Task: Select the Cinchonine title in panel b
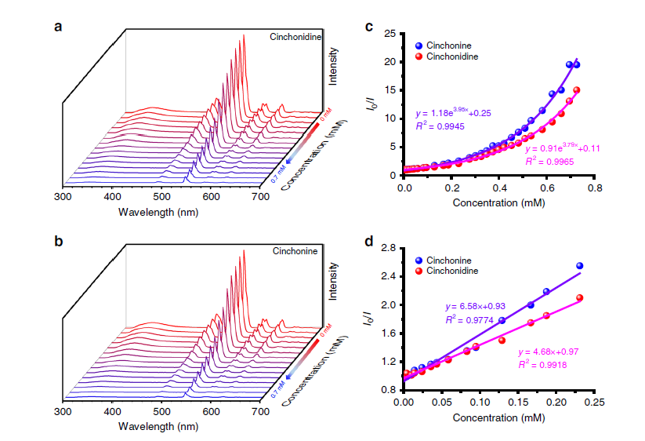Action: click(x=295, y=251)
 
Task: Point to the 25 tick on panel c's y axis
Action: click(x=390, y=34)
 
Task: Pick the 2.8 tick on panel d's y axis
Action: click(x=386, y=248)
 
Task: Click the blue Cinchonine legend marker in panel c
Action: click(x=421, y=46)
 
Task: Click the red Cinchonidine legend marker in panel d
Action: click(x=421, y=271)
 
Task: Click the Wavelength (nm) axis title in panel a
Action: click(x=154, y=212)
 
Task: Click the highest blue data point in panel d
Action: click(x=579, y=266)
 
